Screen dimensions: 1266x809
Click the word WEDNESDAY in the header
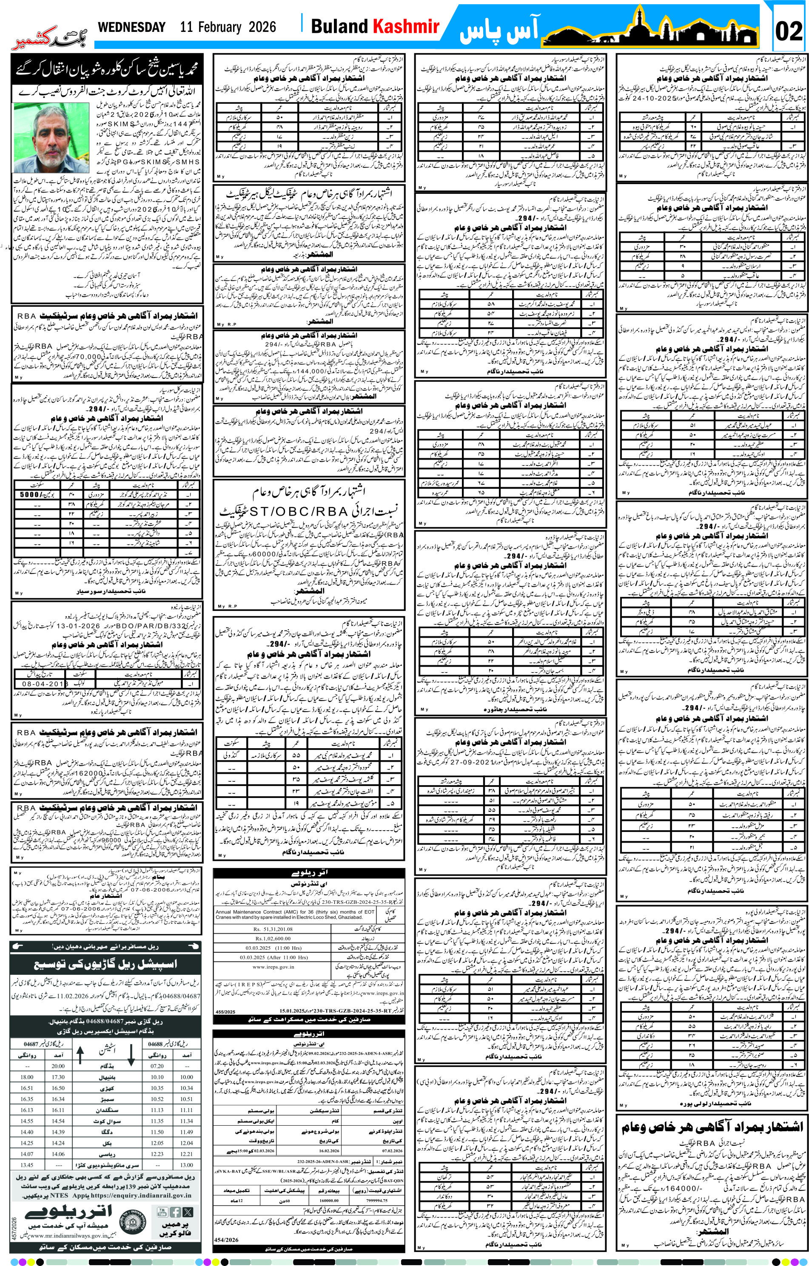click(x=131, y=27)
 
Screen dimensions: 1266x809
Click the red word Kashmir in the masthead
click(x=406, y=26)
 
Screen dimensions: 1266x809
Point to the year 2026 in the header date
click(x=262, y=27)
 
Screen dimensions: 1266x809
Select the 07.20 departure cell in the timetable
click(x=157, y=1066)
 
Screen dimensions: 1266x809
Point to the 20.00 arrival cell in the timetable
click(x=58, y=1066)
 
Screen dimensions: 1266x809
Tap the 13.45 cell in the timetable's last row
click(x=27, y=1164)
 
